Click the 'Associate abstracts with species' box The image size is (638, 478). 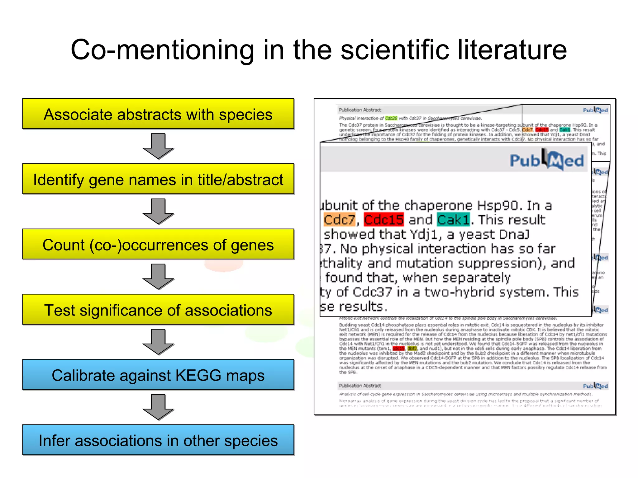158,114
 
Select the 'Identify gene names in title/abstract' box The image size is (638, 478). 158,179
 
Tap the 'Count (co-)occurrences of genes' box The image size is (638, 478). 158,245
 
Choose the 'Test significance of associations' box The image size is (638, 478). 158,310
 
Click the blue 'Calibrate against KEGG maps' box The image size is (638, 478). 158,375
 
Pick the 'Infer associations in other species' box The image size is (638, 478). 158,440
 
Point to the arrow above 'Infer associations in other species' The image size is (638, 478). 158,407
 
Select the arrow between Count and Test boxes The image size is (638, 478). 158,277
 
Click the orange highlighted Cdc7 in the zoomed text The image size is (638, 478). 339,220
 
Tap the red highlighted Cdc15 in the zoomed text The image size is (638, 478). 384,220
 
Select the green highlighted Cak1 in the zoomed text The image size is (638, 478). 453,220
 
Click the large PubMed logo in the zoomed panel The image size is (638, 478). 547,160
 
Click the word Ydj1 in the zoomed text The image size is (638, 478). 424,234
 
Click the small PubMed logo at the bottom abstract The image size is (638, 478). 595,386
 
